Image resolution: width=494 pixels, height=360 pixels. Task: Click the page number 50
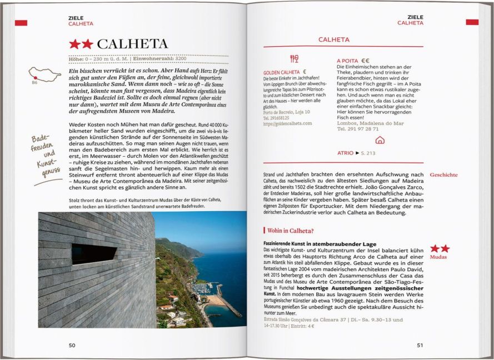(72, 345)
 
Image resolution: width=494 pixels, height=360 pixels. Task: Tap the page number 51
(420, 345)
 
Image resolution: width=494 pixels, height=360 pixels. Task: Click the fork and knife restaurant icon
(294, 59)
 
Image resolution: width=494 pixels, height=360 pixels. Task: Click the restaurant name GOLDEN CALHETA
(282, 72)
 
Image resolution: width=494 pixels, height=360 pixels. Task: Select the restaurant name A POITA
(347, 61)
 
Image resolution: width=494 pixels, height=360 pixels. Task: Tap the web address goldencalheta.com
(288, 123)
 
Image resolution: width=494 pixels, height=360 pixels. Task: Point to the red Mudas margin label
(440, 257)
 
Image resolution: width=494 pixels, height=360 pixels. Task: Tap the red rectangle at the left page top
(21, 23)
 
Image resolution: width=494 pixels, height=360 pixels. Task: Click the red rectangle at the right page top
(472, 22)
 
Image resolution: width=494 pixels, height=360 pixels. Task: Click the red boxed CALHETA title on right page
(333, 40)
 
